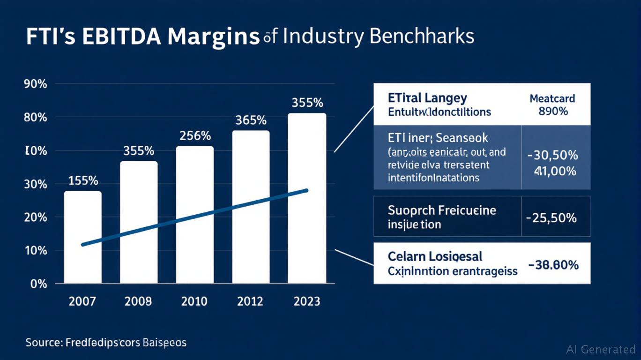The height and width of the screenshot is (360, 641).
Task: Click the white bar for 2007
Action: [82, 237]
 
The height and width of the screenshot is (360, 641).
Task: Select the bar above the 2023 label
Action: [307, 198]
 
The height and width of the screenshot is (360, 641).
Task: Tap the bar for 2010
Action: [194, 214]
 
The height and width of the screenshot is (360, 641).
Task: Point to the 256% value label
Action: [195, 136]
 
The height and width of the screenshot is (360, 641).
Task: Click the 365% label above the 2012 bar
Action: [251, 120]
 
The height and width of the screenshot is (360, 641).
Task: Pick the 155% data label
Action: [83, 180]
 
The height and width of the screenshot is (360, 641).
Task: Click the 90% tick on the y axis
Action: [35, 85]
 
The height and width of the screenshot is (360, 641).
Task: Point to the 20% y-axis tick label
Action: [35, 217]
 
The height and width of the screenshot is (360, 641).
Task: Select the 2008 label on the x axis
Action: [138, 301]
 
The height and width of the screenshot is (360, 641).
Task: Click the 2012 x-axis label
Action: [251, 301]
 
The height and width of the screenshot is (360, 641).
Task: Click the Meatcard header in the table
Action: [552, 99]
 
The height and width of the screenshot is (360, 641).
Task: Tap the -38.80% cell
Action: [553, 265]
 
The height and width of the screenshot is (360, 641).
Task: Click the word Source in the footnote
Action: [43, 343]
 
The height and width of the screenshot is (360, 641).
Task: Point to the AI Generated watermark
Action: [600, 349]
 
